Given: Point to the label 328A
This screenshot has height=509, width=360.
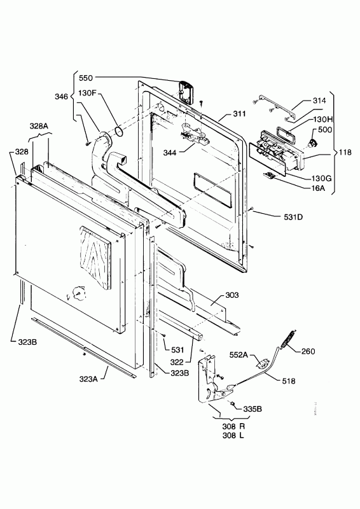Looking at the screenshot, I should click(39, 127).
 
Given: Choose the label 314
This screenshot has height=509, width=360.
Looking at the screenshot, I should click(319, 101).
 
